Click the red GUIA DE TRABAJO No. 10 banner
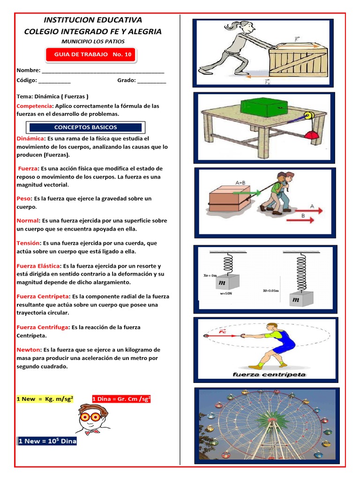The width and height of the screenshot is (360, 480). click(91, 55)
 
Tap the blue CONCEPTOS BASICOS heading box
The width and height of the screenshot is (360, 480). click(85, 127)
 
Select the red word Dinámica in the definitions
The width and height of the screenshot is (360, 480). click(30, 139)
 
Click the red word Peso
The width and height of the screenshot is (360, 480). click(23, 199)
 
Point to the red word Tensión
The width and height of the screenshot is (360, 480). click(28, 243)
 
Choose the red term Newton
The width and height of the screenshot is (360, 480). click(28, 350)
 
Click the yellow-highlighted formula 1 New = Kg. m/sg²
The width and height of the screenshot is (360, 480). click(45, 399)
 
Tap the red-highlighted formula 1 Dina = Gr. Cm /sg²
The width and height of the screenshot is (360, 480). click(121, 399)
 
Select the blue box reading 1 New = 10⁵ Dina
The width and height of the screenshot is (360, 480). click(47, 441)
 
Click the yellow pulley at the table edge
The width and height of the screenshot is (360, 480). click(309, 116)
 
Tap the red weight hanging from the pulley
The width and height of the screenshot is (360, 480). click(312, 135)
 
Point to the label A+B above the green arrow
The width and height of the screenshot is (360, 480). click(240, 183)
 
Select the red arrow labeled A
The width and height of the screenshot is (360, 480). click(309, 210)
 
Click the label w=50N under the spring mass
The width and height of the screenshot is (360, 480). click(225, 293)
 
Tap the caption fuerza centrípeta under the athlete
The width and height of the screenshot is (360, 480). click(269, 375)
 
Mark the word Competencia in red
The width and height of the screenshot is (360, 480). click(34, 106)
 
